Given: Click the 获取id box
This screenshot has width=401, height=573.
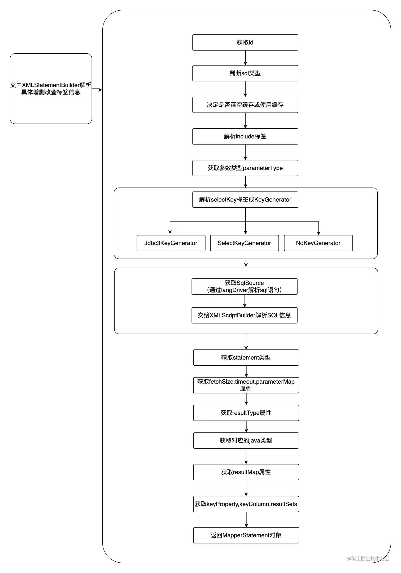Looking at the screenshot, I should tap(245, 42).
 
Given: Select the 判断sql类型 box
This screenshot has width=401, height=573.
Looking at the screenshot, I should tap(245, 73).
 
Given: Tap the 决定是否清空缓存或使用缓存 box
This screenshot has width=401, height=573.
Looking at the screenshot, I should tap(245, 105).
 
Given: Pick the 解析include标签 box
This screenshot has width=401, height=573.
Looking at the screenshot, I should tap(245, 136).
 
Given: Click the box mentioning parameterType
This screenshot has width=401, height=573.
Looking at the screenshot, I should tap(245, 168).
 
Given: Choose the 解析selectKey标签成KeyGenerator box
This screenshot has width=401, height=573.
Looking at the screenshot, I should tap(245, 199).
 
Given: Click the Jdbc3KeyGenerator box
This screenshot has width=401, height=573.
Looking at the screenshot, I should tap(171, 243).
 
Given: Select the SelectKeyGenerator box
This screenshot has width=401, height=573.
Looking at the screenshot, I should tap(244, 243).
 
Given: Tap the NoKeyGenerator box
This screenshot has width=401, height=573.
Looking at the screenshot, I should tap(318, 243).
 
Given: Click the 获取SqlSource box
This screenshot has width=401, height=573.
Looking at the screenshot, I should tap(244, 286).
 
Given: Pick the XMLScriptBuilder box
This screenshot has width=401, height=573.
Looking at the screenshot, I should tap(244, 315).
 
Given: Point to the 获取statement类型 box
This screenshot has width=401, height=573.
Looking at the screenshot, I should tap(246, 357).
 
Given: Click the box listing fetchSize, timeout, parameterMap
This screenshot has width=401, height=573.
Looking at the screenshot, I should tap(246, 385).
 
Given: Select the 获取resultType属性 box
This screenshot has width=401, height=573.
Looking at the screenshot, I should tap(246, 413).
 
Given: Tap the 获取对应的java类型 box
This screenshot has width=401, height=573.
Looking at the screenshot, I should tap(246, 440).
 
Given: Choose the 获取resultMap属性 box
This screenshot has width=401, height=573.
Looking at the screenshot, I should tap(246, 472).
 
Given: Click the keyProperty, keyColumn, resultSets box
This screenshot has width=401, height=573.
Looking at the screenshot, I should tap(246, 504).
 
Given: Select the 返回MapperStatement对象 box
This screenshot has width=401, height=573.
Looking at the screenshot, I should tap(246, 535).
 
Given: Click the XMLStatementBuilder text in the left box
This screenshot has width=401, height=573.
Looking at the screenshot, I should tap(50, 85).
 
